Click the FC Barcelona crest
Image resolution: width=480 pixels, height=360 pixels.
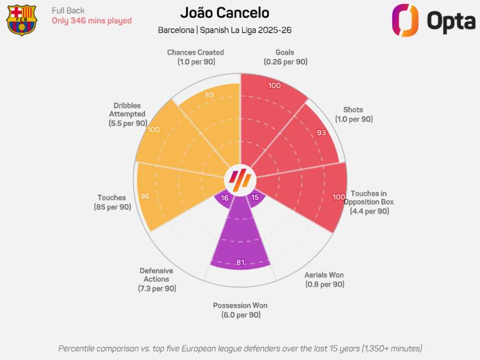(x=21, y=20)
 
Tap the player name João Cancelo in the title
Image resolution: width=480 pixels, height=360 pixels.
(x=225, y=13)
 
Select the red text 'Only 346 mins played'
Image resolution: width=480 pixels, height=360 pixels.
(x=91, y=21)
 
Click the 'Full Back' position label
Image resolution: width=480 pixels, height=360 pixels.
(x=68, y=11)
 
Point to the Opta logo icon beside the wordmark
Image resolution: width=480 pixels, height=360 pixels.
(x=405, y=21)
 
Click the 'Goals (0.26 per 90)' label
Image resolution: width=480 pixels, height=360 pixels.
(x=285, y=57)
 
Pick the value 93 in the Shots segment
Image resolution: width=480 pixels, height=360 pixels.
(x=321, y=133)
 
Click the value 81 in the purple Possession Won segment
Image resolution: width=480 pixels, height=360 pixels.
(x=240, y=262)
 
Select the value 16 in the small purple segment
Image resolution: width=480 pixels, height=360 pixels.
(x=225, y=198)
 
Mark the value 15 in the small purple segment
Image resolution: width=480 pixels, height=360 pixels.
(x=255, y=198)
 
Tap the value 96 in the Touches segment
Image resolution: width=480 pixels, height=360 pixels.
(x=145, y=196)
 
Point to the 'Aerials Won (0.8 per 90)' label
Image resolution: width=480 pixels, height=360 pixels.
(x=324, y=279)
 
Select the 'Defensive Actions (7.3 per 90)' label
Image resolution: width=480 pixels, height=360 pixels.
(x=156, y=279)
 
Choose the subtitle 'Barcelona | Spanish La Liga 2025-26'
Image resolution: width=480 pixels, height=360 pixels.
(x=225, y=30)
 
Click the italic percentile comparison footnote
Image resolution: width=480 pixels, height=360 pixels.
(x=240, y=348)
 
